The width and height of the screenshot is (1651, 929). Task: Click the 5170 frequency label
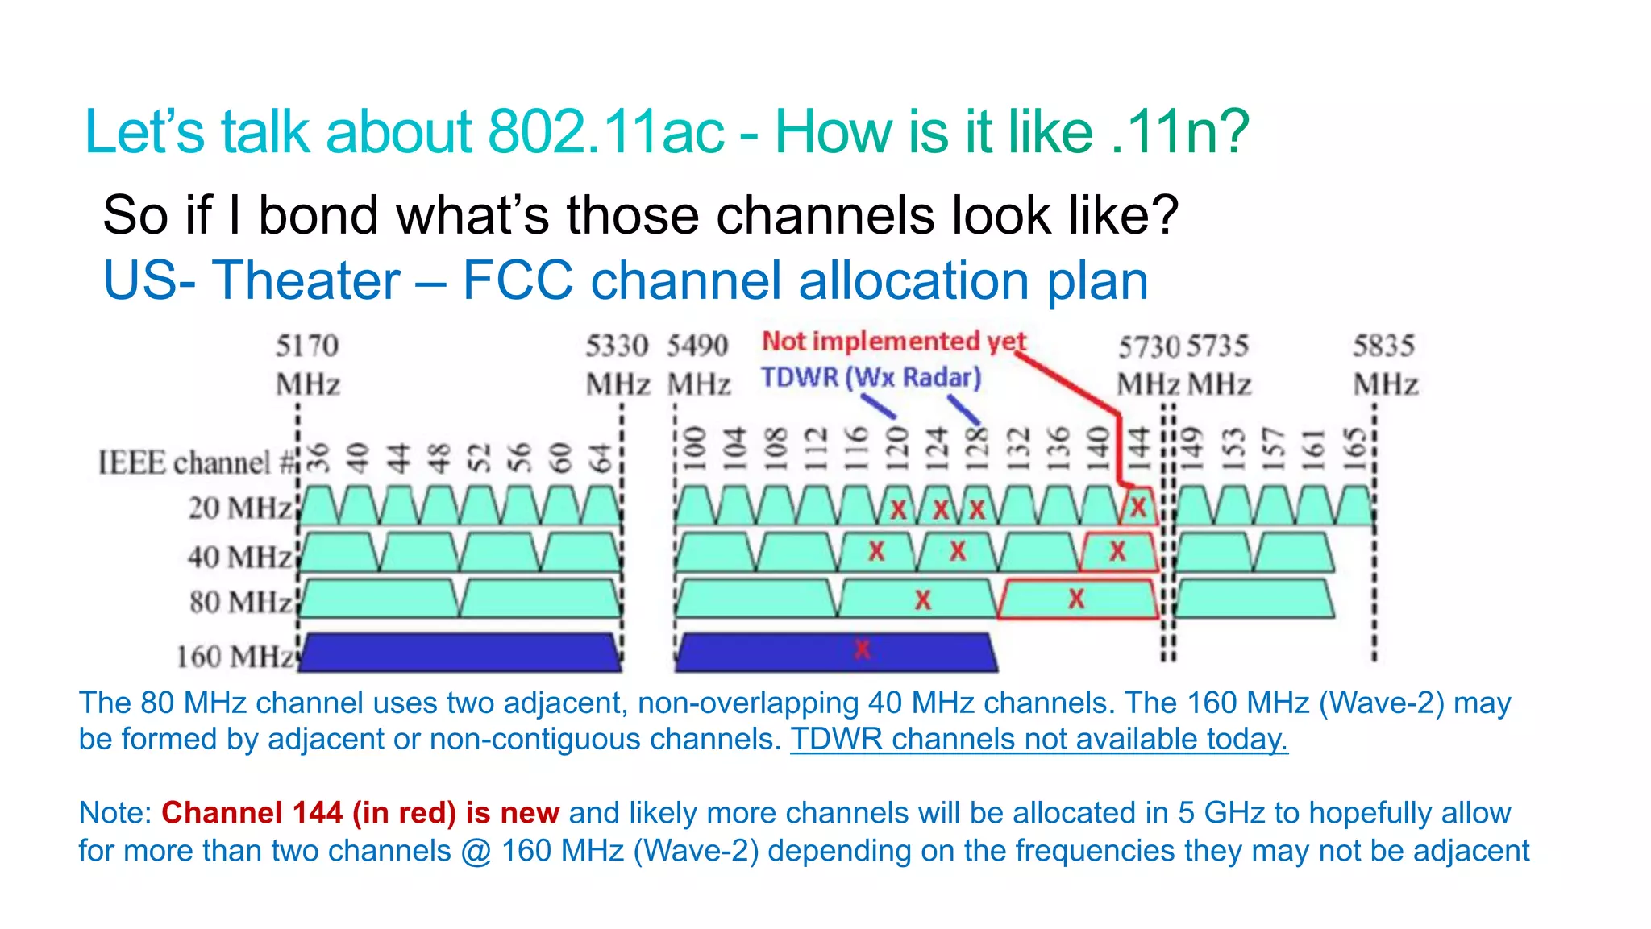pos(307,346)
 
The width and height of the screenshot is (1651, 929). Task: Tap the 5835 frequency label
pos(1383,346)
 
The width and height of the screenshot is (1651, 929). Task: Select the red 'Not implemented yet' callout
pos(893,342)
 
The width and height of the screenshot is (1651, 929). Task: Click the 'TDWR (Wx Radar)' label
pos(871,377)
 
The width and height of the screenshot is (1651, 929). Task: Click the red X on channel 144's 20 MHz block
pos(1137,508)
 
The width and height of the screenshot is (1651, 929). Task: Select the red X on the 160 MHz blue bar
pos(862,649)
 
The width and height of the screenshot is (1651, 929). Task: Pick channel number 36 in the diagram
pos(319,458)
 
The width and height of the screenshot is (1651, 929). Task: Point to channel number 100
pos(694,450)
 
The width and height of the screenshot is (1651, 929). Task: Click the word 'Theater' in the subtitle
pos(306,280)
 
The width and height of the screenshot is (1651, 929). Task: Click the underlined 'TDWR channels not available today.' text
pos(1038,739)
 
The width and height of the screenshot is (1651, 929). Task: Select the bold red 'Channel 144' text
pos(252,813)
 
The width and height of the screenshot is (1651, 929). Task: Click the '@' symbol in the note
pos(476,852)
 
